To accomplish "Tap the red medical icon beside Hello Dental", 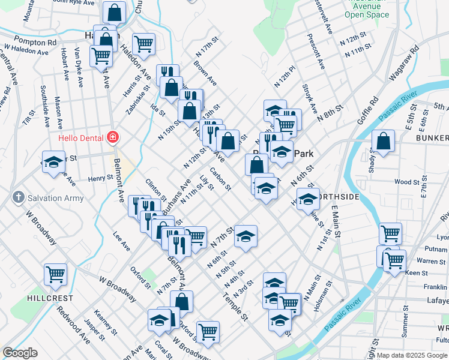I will tap(112, 138).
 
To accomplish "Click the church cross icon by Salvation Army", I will tap(19, 197).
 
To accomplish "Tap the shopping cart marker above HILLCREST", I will tap(55, 274).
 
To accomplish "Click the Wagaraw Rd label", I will tap(404, 64).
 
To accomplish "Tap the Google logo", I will tap(20, 353).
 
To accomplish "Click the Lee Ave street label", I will tap(121, 242).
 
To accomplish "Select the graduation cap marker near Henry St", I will tap(53, 162).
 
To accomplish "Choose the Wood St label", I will tap(406, 182).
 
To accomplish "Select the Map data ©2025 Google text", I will tap(411, 355).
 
